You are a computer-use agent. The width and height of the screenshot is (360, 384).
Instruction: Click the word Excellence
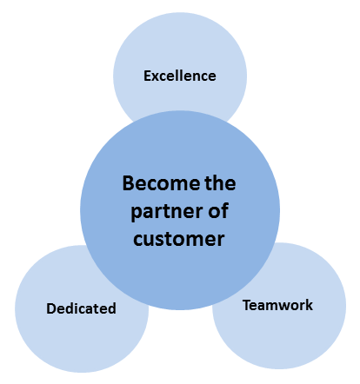(x=180, y=76)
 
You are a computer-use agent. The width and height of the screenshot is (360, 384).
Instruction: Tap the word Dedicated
(x=81, y=308)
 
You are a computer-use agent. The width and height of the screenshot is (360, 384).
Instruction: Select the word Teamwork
(x=277, y=305)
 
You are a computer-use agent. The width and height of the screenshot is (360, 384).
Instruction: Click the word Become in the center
(x=161, y=183)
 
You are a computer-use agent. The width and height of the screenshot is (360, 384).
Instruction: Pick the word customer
(x=179, y=239)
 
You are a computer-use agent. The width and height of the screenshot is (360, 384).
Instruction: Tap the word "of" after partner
(x=218, y=210)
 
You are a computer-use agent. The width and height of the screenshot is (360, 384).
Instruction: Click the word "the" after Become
(x=220, y=183)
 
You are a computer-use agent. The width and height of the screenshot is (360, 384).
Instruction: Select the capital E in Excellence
(x=147, y=76)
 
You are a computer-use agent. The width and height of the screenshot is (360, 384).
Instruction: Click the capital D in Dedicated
(x=51, y=308)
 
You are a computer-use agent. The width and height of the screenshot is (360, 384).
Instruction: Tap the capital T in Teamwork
(x=247, y=305)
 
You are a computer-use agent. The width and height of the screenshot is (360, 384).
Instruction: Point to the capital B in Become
(x=129, y=183)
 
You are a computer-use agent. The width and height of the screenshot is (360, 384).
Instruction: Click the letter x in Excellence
(x=156, y=77)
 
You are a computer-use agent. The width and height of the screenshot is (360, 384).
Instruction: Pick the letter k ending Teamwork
(x=309, y=305)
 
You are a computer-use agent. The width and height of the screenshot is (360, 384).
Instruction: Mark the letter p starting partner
(x=136, y=215)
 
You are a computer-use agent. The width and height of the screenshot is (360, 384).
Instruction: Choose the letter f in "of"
(x=224, y=210)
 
